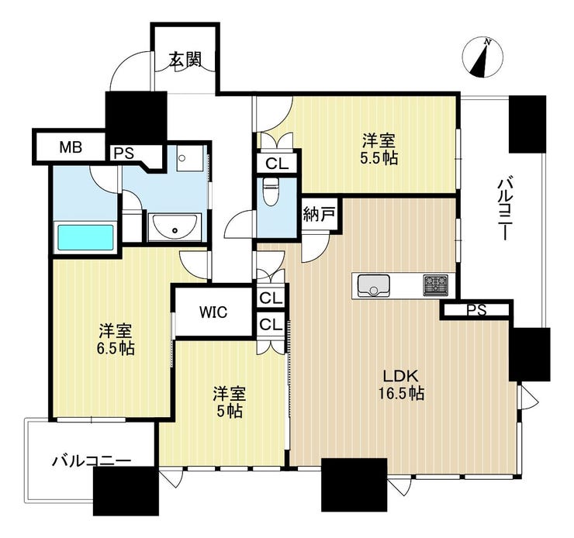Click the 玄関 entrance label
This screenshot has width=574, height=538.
185,60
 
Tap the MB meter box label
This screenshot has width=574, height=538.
71,147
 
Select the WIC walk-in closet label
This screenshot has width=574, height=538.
213,312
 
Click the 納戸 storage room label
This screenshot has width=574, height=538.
320,214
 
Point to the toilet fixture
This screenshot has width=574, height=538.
271,192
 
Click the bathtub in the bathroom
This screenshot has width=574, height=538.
85,238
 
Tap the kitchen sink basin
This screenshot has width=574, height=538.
374,285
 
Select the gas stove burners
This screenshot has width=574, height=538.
436,285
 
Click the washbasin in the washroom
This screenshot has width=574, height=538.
175,227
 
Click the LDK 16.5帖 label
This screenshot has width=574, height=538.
401,385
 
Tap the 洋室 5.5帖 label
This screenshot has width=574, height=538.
379,149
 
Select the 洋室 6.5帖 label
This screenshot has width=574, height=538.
116,339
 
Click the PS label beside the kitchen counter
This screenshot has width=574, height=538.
477,311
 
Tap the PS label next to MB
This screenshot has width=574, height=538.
124,153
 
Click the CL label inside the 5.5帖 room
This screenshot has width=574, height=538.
277,164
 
